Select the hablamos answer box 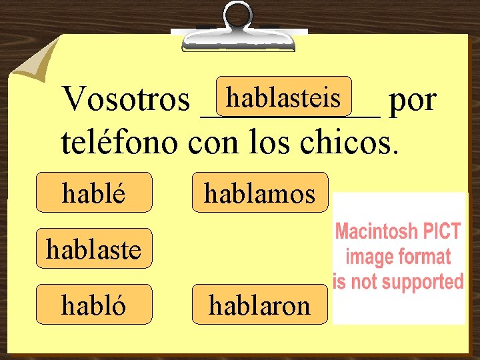[x=260, y=193]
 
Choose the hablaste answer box [x=94, y=249]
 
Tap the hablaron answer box [x=260, y=305]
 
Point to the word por [x=413, y=101]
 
